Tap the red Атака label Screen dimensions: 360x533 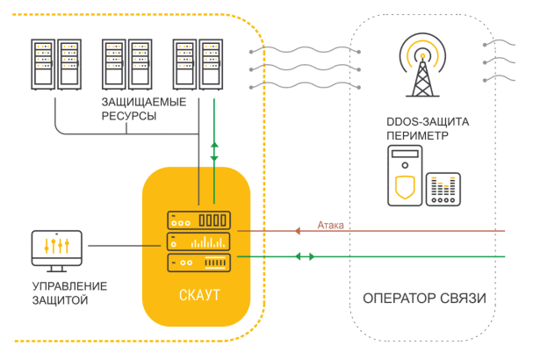tap(331, 226)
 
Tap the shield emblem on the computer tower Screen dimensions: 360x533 tap(404, 187)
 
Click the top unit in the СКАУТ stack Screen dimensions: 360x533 tap(198, 220)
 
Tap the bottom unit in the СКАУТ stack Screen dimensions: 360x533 tap(198, 262)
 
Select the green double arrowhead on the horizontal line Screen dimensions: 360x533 tap(304, 256)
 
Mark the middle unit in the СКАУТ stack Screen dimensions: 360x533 tap(198, 241)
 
